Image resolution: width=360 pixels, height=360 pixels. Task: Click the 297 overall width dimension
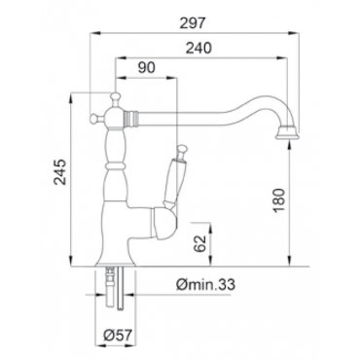[193, 22]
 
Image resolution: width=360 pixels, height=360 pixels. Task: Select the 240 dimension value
[198, 48]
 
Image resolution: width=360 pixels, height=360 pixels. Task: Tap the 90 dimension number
[147, 67]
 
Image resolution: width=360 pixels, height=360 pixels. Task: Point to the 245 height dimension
[60, 172]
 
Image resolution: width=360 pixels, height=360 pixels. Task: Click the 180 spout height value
[279, 200]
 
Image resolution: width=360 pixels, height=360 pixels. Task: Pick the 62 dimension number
[201, 243]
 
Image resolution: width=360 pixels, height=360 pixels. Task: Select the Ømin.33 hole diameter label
[205, 285]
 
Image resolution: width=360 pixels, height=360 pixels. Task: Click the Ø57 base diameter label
[119, 335]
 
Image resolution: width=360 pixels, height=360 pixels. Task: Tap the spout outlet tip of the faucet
[287, 133]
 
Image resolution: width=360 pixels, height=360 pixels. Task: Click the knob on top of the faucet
[115, 97]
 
